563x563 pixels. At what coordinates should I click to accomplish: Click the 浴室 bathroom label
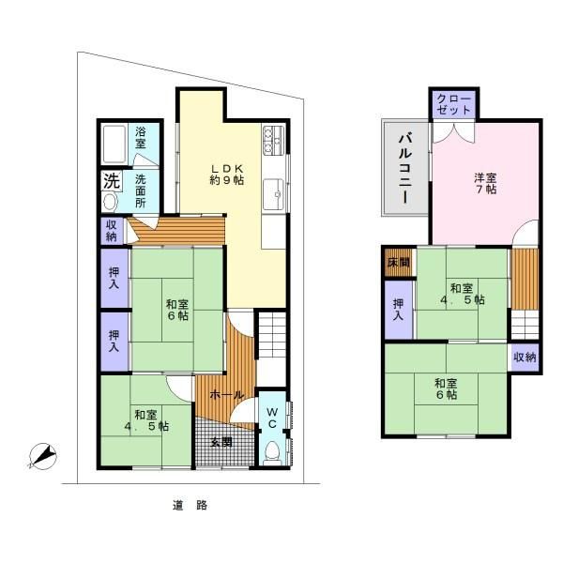pyautogui.click(x=140, y=137)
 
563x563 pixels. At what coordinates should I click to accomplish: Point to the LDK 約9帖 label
pyautogui.click(x=226, y=173)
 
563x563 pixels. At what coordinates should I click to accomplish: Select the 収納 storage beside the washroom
pyautogui.click(x=112, y=229)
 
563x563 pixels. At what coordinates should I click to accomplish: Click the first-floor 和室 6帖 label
pyautogui.click(x=177, y=310)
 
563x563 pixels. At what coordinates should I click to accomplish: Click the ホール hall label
pyautogui.click(x=226, y=395)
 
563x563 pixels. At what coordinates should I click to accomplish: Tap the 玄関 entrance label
pyautogui.click(x=221, y=442)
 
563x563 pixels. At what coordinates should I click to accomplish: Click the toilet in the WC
pyautogui.click(x=271, y=452)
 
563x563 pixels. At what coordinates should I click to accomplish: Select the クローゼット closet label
pyautogui.click(x=454, y=105)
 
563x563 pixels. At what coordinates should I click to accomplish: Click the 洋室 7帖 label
pyautogui.click(x=484, y=182)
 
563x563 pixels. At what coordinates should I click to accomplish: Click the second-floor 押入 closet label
pyautogui.click(x=399, y=309)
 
